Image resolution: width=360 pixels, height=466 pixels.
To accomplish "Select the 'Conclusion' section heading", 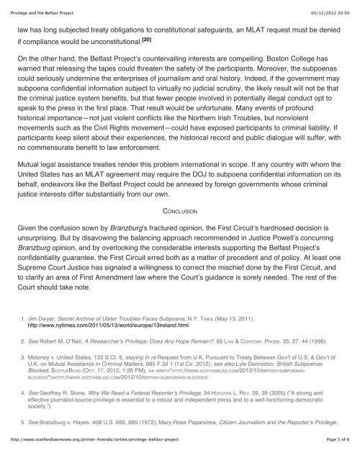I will click(x=180, y=210).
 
